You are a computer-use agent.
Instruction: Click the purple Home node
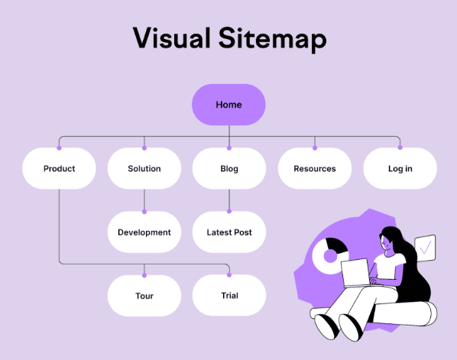tap(228, 105)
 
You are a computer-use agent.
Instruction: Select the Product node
tap(59, 168)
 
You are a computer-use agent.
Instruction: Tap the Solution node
tap(144, 168)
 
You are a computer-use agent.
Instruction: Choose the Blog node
tap(229, 168)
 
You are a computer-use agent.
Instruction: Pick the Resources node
tap(315, 168)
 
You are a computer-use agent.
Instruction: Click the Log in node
tap(400, 168)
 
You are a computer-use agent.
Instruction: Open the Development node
tap(144, 232)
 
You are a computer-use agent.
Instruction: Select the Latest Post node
tap(229, 232)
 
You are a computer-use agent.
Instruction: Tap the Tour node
tap(144, 296)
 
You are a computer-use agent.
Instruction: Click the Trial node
tap(229, 295)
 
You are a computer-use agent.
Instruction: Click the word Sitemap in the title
tap(273, 39)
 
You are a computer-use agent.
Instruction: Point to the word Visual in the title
tap(172, 37)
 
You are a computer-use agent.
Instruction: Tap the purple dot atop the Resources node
tap(315, 148)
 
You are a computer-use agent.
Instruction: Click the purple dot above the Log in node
tap(400, 148)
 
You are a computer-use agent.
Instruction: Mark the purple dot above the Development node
tap(144, 212)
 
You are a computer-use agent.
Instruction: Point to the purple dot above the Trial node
tap(229, 275)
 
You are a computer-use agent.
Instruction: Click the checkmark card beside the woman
tap(425, 248)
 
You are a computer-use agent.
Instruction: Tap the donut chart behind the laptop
tap(329, 256)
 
